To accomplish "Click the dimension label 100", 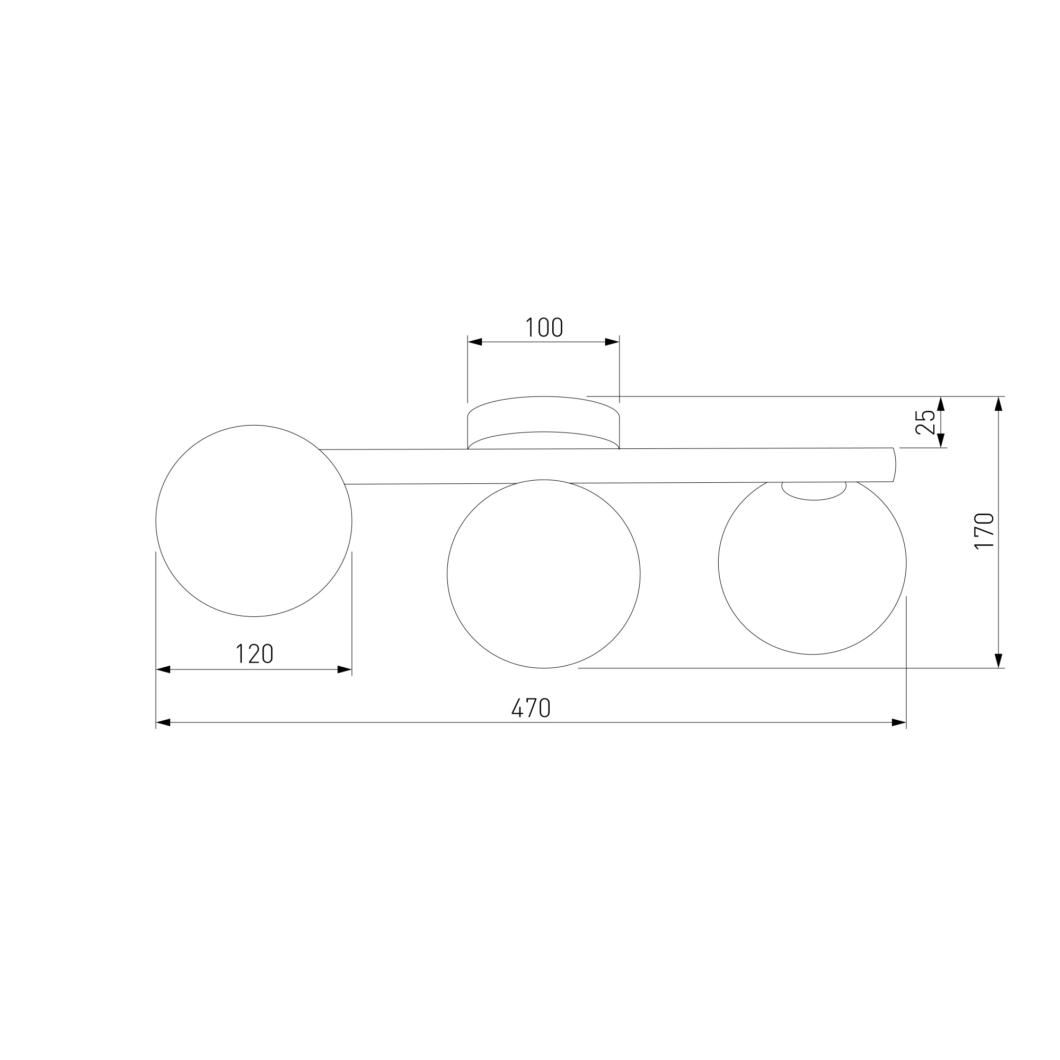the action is (544, 328).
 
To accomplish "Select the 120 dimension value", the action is (254, 653).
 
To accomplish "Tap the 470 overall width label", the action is (531, 708).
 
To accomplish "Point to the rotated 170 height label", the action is (984, 531).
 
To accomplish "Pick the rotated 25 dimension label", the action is (925, 422).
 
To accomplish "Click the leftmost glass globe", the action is (156, 520).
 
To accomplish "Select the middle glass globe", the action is (447, 574).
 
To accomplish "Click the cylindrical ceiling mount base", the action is (543, 423).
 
